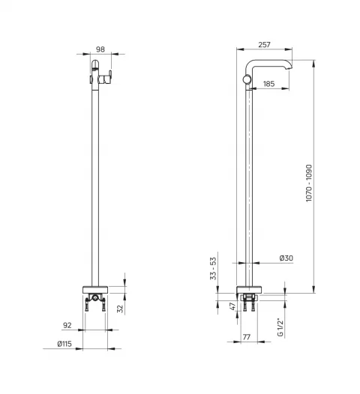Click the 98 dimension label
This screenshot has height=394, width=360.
point(100,49)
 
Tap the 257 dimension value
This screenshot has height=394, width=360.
point(265,45)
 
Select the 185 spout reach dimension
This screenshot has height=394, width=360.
point(269,84)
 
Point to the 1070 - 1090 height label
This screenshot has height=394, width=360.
point(309,183)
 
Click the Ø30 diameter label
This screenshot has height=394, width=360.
point(286,258)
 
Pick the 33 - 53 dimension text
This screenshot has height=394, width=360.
point(213,268)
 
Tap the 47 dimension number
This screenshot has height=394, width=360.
point(233,306)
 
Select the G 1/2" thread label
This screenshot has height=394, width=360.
point(280,327)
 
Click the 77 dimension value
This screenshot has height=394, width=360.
point(247,337)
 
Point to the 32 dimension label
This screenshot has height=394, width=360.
point(121,309)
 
